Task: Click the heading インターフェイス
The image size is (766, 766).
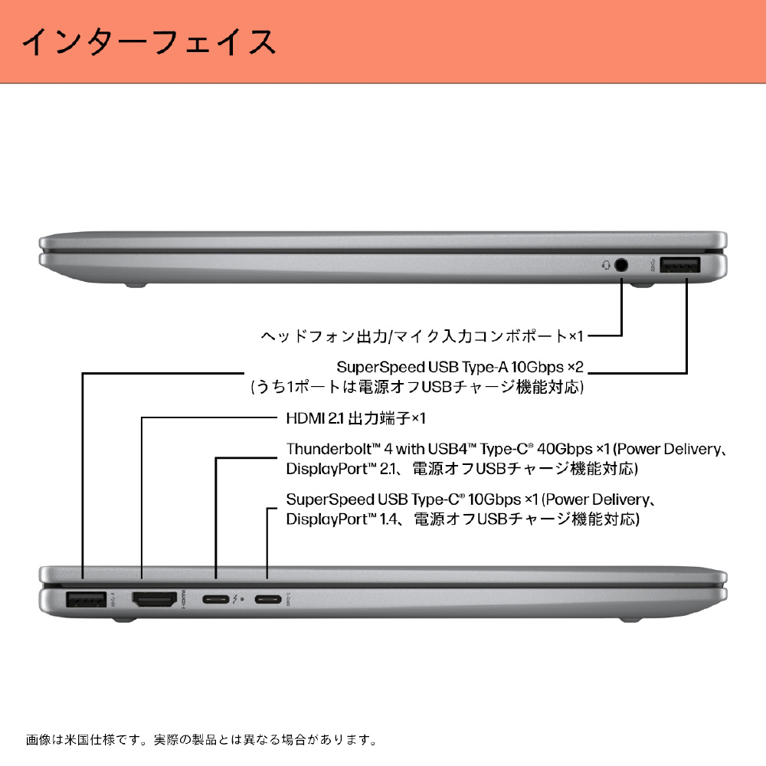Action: click(x=149, y=42)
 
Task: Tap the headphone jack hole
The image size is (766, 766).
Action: click(x=621, y=265)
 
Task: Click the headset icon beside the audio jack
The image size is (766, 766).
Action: click(x=606, y=265)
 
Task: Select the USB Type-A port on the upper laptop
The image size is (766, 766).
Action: click(x=679, y=265)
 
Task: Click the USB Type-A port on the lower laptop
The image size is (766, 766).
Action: click(x=86, y=599)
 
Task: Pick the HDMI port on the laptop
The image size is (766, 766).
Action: click(x=155, y=599)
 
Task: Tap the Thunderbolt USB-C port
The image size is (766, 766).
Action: click(x=216, y=599)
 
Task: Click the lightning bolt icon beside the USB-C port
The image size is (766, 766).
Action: click(x=235, y=599)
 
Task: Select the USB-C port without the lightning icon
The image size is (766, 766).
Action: click(x=267, y=599)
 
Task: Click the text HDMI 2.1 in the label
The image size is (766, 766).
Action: click(x=315, y=418)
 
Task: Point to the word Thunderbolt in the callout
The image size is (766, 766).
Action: click(x=329, y=449)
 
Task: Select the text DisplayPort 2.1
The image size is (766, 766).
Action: click(x=342, y=469)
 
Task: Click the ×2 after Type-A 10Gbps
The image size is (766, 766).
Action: click(x=575, y=367)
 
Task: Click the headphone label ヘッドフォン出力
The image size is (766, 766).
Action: click(x=324, y=336)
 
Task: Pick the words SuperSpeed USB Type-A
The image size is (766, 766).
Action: click(x=423, y=367)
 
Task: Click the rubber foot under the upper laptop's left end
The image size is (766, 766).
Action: click(x=136, y=284)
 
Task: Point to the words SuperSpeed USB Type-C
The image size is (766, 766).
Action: click(x=373, y=499)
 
